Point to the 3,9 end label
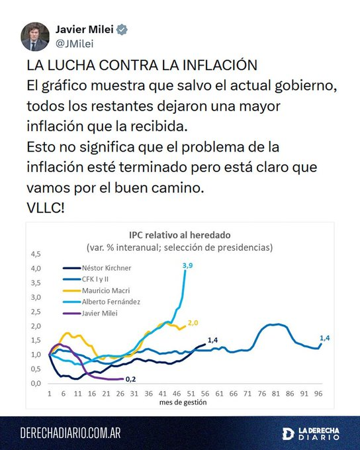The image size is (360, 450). pyautogui.click(x=187, y=265)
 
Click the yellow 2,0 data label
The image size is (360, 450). pyautogui.click(x=193, y=323)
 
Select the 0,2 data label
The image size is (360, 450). pyautogui.click(x=132, y=380)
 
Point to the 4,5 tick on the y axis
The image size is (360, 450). pyautogui.click(x=36, y=253)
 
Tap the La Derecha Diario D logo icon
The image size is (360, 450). pyautogui.click(x=287, y=433)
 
